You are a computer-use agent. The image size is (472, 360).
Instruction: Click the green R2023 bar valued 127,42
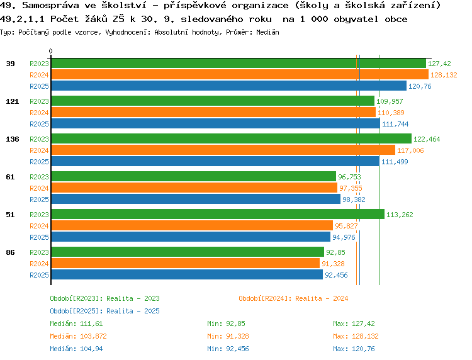pos(238,64)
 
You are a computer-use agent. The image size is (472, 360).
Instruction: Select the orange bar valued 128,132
pos(239,75)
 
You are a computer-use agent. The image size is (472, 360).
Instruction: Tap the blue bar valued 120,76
pos(228,86)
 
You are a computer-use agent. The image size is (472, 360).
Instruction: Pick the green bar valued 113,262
pos(217,215)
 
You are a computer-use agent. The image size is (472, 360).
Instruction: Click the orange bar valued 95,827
pos(191,226)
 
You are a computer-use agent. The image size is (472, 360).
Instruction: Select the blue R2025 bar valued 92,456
pos(186,275)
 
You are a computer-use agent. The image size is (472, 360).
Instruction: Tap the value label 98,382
pos(354,200)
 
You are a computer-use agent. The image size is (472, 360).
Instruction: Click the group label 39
pos(10,64)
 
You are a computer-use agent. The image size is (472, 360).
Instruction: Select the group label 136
pos(12,139)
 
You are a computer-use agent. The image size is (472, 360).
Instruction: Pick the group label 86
pos(10,252)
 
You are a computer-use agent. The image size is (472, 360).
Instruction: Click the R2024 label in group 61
pos(39,188)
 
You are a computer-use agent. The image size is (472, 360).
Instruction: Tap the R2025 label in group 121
pos(39,124)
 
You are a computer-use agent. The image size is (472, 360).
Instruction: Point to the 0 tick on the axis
pos(51,52)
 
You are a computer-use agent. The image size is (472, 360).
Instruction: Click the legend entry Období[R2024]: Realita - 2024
pos(293,298)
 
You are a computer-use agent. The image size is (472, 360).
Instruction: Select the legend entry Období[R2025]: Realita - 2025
pos(104,311)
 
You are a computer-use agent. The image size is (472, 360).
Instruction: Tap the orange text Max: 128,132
pos(356,336)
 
